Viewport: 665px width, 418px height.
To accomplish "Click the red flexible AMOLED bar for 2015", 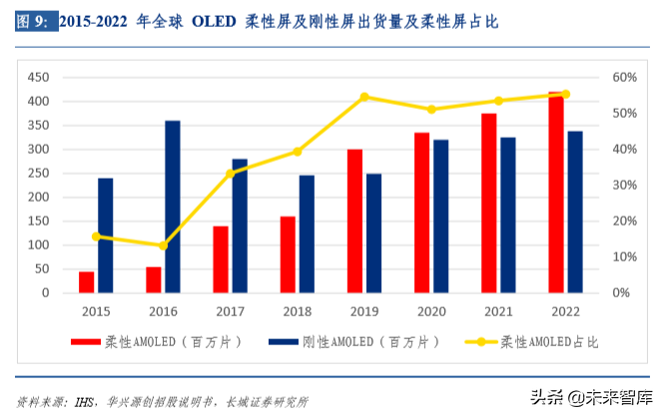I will (86, 282).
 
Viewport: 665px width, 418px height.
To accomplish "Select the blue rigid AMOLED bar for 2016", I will (173, 207).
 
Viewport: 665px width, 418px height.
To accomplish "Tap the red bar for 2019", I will (354, 221).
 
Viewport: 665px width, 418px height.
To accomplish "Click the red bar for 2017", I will (221, 259).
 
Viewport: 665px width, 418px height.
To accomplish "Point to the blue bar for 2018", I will (307, 234).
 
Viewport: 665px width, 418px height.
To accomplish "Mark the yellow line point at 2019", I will (364, 97).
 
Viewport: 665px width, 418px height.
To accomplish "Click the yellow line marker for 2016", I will (163, 245).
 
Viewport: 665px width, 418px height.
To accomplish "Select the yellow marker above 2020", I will (431, 109).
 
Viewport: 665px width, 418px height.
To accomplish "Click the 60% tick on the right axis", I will (624, 78).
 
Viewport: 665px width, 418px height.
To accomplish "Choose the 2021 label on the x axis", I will (498, 310).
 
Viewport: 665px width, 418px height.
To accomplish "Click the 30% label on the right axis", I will (624, 186).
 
